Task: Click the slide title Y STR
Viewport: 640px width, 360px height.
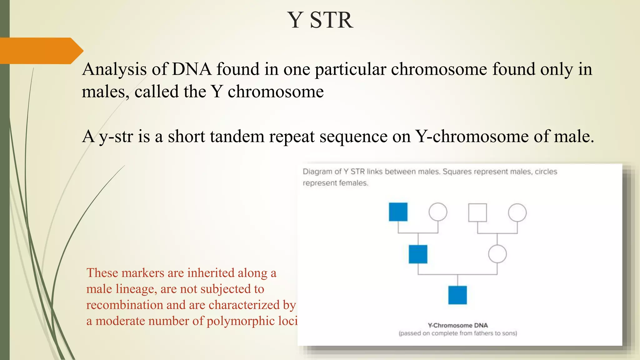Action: coord(320,20)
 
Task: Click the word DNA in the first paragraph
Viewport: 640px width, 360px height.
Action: coord(192,69)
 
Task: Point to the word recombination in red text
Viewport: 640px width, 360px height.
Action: coord(124,305)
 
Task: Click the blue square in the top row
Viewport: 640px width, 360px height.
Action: coord(398,212)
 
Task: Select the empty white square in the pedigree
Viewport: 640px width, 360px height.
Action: coord(477,212)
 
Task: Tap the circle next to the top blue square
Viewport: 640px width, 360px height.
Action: coord(437,212)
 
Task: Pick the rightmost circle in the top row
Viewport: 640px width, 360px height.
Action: coord(517,212)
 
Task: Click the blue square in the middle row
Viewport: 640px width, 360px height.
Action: coord(418,254)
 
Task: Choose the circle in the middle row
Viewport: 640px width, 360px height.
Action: coord(497,254)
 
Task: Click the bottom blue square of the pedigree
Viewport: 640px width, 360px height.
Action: coord(457,295)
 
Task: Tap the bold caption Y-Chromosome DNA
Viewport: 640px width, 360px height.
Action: coord(457,325)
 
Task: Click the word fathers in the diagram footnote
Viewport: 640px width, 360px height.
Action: coord(483,333)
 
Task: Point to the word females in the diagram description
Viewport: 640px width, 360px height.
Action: coord(354,183)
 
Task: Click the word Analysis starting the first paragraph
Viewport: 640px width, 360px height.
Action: coord(114,69)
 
